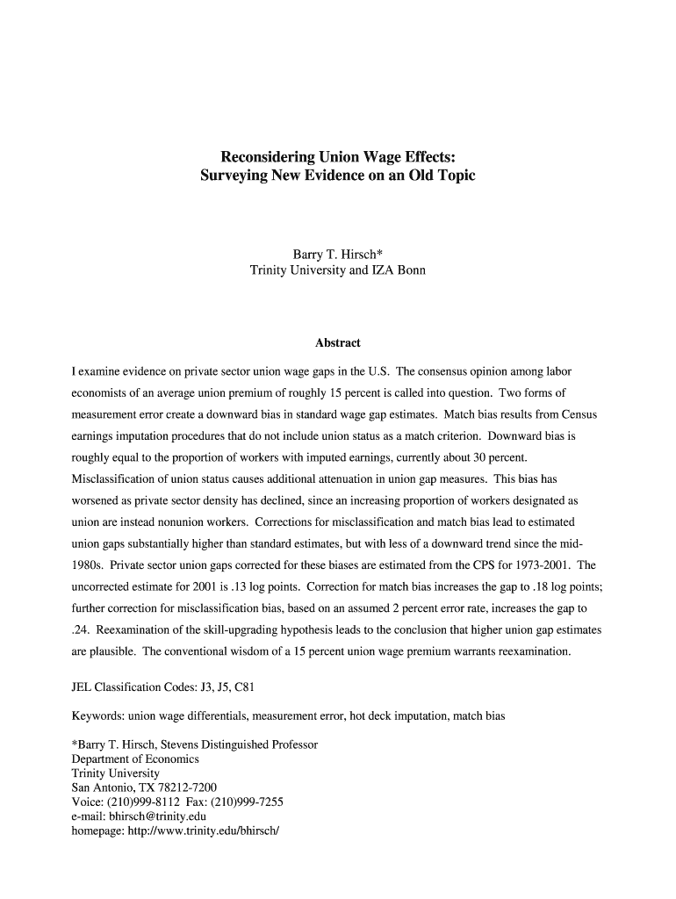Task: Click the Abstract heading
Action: pyautogui.click(x=338, y=342)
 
